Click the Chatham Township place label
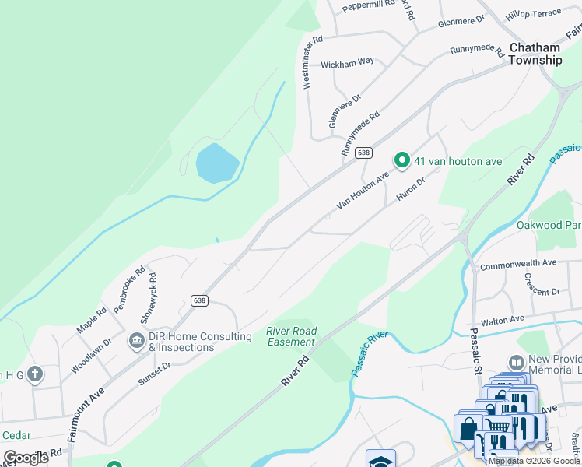[x=535, y=54]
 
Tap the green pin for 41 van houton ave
[x=402, y=160]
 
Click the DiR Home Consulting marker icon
[x=138, y=341]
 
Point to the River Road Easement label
[x=292, y=336]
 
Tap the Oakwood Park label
[x=549, y=226]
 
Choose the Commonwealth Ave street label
[x=518, y=265]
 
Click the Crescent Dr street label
[x=542, y=286]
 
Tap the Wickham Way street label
[x=348, y=61]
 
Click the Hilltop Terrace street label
[x=533, y=14]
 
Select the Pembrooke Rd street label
[x=129, y=290]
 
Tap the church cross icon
[x=34, y=375]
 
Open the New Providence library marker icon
[x=516, y=363]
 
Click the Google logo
[x=26, y=458]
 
